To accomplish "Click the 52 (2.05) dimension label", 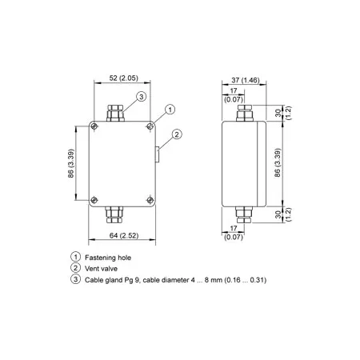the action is (x=124, y=78).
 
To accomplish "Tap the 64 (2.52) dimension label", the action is (x=124, y=236).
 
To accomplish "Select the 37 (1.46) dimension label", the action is (x=246, y=80).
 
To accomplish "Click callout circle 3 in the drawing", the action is (x=142, y=96).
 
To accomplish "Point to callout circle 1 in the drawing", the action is (x=170, y=110).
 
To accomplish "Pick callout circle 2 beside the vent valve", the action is (x=177, y=134).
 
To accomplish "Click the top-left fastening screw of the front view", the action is (x=94, y=126).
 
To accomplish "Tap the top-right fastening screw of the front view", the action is (x=150, y=126).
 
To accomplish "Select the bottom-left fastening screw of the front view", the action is (x=94, y=200).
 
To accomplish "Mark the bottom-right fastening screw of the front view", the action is (x=150, y=200).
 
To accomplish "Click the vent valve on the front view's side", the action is (x=158, y=154).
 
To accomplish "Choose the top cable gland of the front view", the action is (x=115, y=114).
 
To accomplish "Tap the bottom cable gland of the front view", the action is (x=114, y=215).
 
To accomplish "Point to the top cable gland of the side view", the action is (x=245, y=113).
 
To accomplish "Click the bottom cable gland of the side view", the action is (x=243, y=215).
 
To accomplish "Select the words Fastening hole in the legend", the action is (x=108, y=258).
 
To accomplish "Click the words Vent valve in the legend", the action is (x=101, y=269).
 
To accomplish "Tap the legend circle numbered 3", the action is (x=76, y=279).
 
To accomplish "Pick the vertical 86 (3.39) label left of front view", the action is (x=71, y=163).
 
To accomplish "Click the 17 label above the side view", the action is (x=234, y=90).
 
